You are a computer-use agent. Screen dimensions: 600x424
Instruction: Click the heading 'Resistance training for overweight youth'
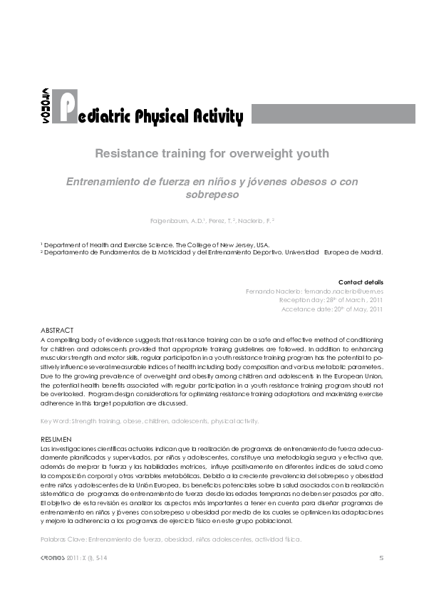[212, 152]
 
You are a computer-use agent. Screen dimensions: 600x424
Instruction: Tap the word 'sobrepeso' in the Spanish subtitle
[211, 193]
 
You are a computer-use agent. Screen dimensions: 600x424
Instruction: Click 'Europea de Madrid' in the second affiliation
[353, 252]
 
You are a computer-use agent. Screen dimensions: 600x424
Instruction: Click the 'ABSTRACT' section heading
[57, 331]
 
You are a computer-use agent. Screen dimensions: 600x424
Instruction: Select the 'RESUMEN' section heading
[56, 439]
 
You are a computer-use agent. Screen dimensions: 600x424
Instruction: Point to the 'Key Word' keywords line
[150, 421]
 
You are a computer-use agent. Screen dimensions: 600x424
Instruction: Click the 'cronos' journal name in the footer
[55, 557]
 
